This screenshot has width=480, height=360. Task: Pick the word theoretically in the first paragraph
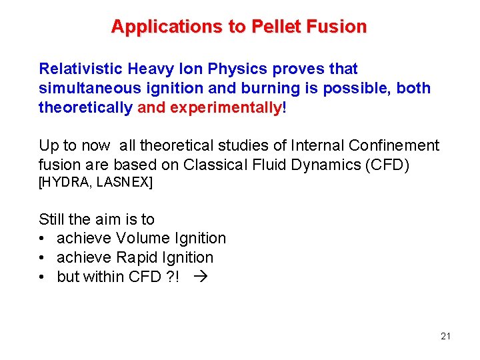pyautogui.click(x=85, y=107)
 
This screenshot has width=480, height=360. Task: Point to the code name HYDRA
pyautogui.click(x=67, y=182)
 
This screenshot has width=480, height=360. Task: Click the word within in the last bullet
pyautogui.click(x=104, y=277)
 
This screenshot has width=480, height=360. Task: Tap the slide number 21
pyautogui.click(x=445, y=336)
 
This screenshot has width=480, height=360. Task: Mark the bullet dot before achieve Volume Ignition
pyautogui.click(x=43, y=239)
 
